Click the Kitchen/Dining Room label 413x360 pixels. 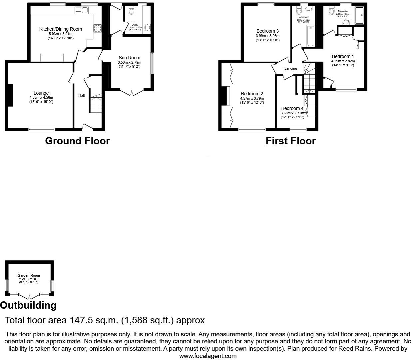[x=60, y=29]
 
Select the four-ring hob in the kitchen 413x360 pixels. [x=97, y=28]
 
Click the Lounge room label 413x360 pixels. [x=41, y=93]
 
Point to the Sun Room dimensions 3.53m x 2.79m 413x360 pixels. [x=129, y=62]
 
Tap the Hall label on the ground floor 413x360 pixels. [x=81, y=95]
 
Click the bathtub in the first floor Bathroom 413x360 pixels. [x=310, y=36]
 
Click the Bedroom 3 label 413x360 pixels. [x=267, y=31]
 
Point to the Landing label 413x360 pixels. [x=290, y=68]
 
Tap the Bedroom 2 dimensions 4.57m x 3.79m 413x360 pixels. [x=252, y=98]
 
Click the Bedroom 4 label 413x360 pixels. [x=292, y=108]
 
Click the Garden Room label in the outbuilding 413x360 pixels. [x=29, y=275]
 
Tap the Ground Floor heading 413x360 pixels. [x=77, y=141]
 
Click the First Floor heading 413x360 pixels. [x=290, y=141]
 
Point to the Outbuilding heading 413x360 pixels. [x=28, y=305]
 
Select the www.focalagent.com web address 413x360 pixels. [x=208, y=356]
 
